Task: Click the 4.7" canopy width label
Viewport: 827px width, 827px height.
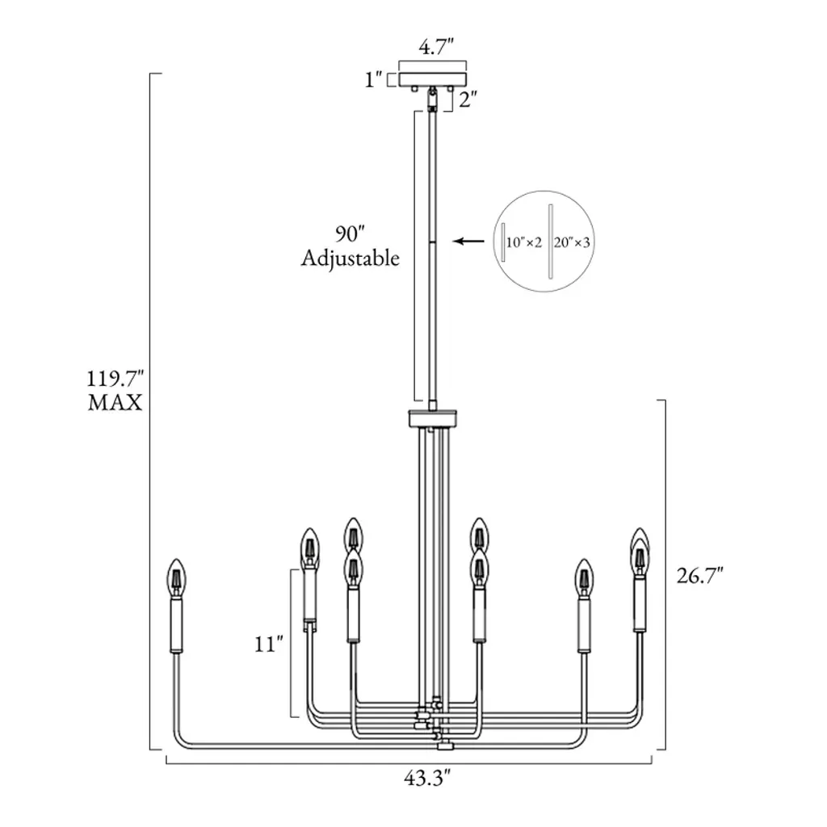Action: [435, 48]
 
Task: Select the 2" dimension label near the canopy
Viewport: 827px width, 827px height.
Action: [468, 99]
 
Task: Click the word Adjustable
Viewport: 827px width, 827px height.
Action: [351, 258]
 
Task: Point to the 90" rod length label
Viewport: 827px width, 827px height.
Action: [350, 233]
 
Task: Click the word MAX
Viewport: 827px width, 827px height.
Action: [115, 402]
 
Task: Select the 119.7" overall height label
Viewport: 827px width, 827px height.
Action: [115, 379]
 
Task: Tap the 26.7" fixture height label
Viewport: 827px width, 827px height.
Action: [700, 575]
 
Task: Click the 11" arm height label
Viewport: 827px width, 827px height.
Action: [269, 644]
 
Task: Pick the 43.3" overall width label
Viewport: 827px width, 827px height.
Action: [427, 779]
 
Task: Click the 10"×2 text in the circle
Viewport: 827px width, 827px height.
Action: [523, 242]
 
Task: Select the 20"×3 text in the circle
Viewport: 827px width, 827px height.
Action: [571, 242]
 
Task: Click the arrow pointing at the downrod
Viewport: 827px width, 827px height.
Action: [469, 241]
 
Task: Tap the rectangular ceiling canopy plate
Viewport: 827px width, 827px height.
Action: [433, 79]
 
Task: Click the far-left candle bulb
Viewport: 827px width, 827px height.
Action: [177, 577]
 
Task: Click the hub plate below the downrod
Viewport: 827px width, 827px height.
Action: [433, 419]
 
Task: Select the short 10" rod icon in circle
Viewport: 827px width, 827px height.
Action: [503, 242]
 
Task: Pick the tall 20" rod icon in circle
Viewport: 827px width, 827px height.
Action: [550, 241]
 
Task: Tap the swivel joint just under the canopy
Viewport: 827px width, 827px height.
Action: [433, 99]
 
